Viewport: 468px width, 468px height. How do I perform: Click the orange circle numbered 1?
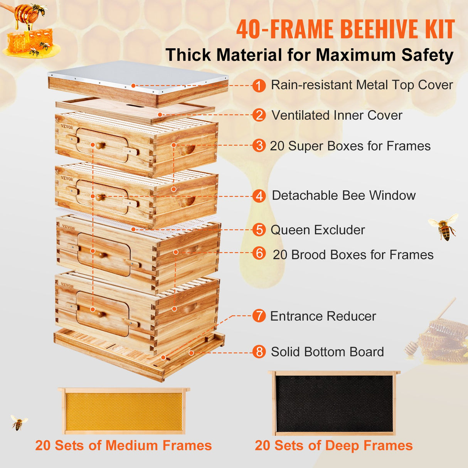259,85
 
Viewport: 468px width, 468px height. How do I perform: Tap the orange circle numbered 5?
259,230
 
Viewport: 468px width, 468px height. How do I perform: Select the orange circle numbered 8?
259,352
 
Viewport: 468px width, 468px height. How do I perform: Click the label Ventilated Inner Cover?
337,115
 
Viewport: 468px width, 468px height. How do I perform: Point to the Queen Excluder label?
318,230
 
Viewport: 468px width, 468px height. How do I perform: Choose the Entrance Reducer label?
323,316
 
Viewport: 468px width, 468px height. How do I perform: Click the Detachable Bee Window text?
343,195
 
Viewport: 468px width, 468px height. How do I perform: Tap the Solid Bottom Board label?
327,352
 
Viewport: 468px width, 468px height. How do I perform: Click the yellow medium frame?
124,411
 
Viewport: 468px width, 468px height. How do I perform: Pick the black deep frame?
334,403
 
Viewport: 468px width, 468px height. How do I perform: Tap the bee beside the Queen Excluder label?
444,227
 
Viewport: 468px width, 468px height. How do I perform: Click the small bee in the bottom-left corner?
18,423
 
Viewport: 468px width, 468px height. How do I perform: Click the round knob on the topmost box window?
100,145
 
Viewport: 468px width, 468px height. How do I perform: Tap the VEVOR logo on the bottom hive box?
67,285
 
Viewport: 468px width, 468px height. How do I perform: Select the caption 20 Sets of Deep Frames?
333,446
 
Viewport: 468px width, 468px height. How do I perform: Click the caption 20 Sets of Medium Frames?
123,446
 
